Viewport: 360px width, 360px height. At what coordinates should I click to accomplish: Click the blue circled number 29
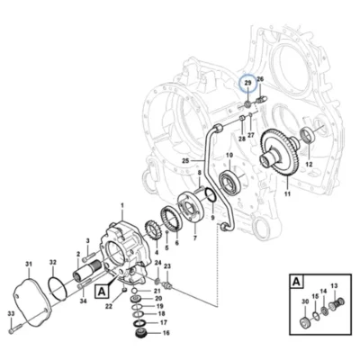click(248, 83)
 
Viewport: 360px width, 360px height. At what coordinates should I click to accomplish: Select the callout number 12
click(309, 165)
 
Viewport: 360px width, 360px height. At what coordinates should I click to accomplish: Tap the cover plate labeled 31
click(32, 303)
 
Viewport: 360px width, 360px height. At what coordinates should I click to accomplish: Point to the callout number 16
click(166, 333)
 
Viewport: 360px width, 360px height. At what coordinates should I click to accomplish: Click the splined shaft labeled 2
click(86, 270)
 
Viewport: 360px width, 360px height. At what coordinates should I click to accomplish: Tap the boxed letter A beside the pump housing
click(102, 292)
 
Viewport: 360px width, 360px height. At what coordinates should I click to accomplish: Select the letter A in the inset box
click(296, 282)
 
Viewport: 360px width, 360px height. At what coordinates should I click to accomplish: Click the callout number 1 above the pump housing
click(122, 205)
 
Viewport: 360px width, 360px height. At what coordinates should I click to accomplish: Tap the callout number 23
click(167, 266)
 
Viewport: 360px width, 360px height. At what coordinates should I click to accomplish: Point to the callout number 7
click(194, 238)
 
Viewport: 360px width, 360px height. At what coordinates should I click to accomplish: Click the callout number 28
click(242, 139)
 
